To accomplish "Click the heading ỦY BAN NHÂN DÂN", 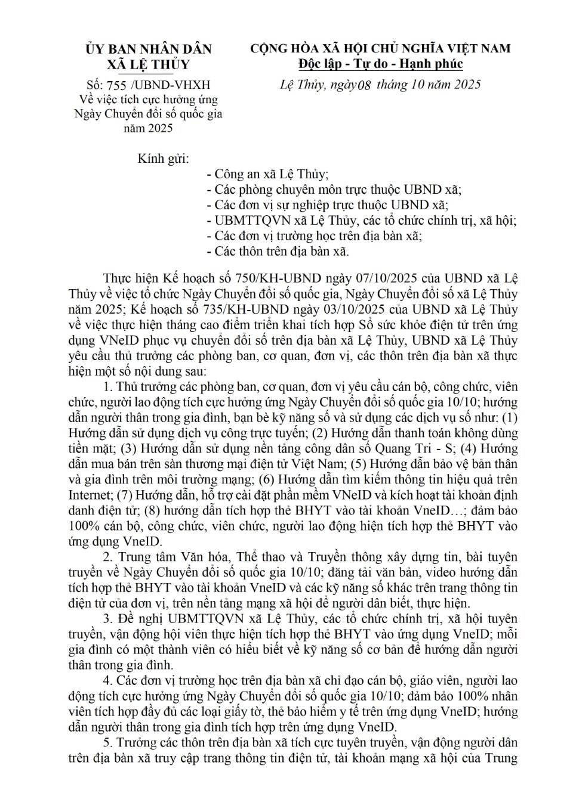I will point(148,48).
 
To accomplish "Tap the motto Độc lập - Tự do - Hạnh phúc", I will point(381,63).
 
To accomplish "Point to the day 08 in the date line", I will point(363,85).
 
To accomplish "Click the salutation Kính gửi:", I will point(163,159).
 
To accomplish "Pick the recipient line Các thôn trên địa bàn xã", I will point(276,251).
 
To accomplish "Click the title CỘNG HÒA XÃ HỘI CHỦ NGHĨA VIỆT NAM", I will point(380,48).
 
